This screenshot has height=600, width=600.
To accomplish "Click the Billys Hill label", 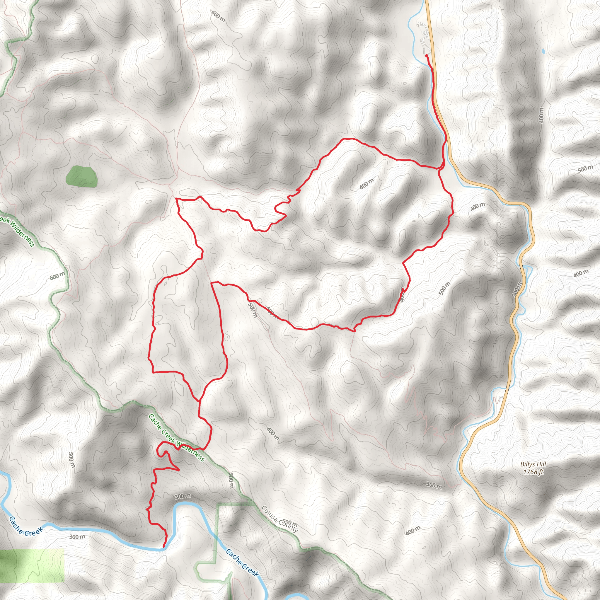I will coord(533,464).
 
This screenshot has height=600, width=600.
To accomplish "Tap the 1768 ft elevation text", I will coord(533,472).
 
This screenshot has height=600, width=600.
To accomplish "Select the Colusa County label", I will coord(280,519).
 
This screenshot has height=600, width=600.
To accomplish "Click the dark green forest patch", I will coord(81,176).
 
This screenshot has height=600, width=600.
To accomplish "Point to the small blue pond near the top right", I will coord(543,51).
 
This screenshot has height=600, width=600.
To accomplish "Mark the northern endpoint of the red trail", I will coord(427,56).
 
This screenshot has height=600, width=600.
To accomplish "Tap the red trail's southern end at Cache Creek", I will coord(164,546).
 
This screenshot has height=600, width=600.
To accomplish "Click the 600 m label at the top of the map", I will coord(218,16).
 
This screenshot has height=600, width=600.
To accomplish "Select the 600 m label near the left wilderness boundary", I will coord(57,275).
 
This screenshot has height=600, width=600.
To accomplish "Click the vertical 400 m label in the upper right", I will coord(541,115).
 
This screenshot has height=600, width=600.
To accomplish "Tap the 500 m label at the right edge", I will coord(585,169).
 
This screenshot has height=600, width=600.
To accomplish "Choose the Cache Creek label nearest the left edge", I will coord(25,526).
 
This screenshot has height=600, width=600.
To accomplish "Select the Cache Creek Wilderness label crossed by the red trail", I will coord(176,438).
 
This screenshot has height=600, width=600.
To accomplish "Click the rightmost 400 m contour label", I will coord(580,273).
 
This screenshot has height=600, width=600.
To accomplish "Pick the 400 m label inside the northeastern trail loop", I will coord(367,184).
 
